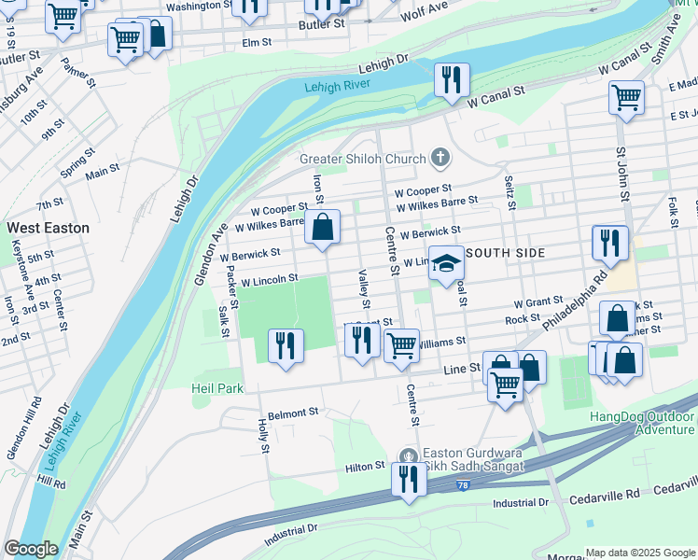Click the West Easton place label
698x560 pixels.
tap(49, 228)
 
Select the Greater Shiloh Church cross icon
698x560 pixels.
tap(440, 159)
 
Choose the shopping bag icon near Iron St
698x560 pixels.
tap(322, 227)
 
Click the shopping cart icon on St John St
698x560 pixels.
tap(626, 97)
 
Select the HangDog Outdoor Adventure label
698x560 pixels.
tap(643, 423)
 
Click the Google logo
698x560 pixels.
tap(31, 549)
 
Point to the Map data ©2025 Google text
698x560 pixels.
tap(640, 553)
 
